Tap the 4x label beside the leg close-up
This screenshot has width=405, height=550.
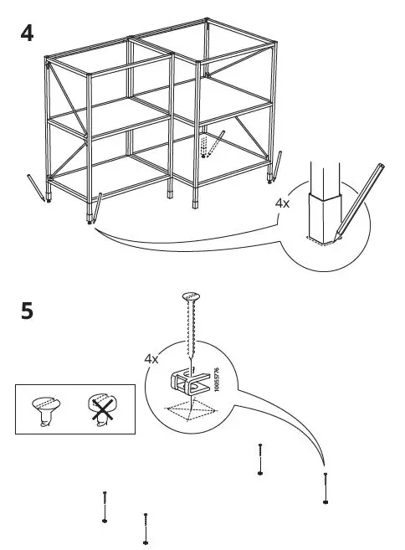click(x=283, y=203)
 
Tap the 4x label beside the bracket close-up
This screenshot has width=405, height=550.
click(x=151, y=358)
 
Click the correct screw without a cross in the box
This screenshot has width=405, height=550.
click(x=45, y=411)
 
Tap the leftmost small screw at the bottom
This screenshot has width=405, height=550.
click(x=105, y=506)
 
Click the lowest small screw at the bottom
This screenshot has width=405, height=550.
click(x=146, y=529)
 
